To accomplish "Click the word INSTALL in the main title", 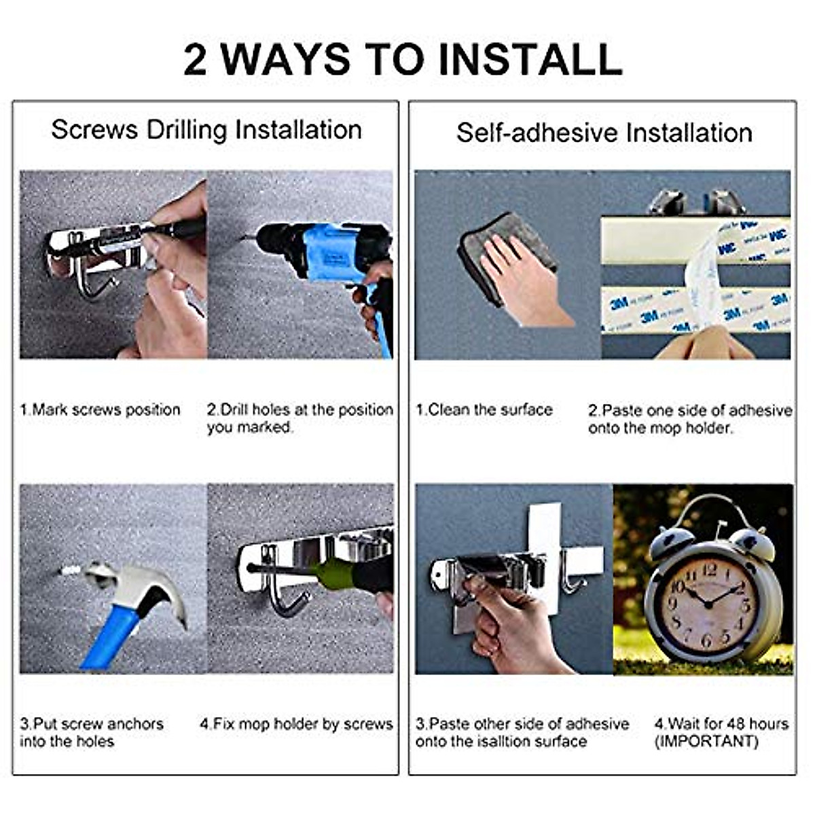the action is (531, 59).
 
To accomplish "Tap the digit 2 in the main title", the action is (195, 59).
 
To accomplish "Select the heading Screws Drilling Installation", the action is (206, 130).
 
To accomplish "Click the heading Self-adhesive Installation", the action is (604, 132).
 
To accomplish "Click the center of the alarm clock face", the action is (709, 605).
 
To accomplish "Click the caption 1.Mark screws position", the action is (101, 410).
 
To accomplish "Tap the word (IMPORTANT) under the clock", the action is (706, 741).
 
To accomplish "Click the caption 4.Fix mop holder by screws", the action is (297, 724).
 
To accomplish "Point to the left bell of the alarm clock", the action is (672, 543).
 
